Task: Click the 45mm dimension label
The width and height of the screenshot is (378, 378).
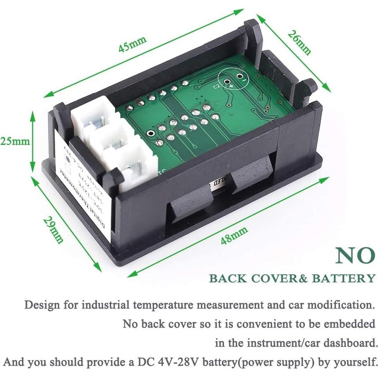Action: (133, 44)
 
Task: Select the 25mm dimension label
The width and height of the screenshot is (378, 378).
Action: (15, 141)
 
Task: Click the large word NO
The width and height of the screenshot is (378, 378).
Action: (355, 256)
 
